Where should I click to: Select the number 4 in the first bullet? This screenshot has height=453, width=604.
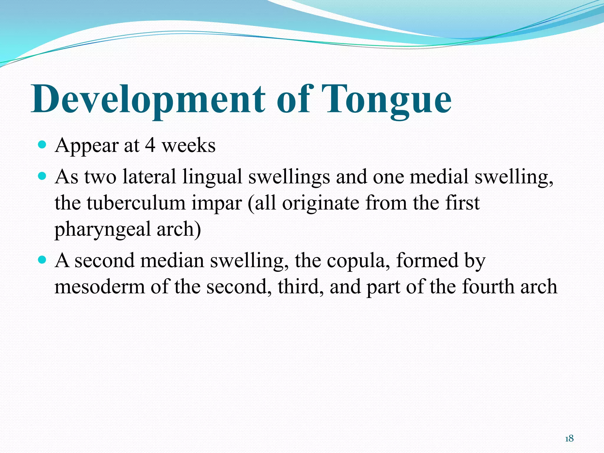[x=150, y=145]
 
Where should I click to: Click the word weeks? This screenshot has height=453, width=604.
[x=189, y=145]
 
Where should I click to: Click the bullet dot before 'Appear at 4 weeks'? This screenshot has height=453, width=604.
[x=42, y=145]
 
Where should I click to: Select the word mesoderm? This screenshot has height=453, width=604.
[x=100, y=287]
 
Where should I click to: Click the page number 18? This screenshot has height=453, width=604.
[x=569, y=439]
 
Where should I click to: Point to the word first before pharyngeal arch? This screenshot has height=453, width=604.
[x=462, y=203]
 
